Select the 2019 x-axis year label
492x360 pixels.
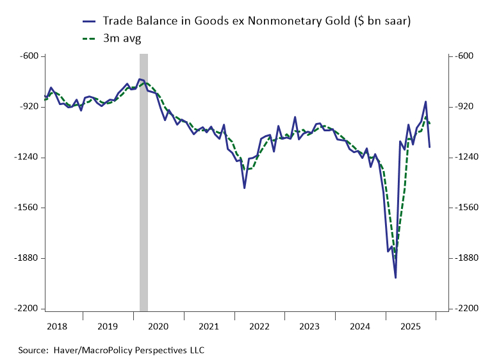pos(107,326)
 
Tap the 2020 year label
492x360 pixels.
pos(158,326)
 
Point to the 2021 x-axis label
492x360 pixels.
pos(208,326)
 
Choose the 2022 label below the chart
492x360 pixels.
pos(259,326)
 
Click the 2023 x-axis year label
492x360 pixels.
pos(309,326)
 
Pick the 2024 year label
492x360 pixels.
pos(360,326)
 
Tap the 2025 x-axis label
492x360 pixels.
pos(411,326)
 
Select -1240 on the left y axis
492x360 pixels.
pos(28,158)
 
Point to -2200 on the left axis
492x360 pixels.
pos(28,309)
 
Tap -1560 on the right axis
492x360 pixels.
pos(463,208)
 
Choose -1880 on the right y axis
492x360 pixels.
pos(463,258)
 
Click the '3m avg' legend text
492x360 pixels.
pos(122,38)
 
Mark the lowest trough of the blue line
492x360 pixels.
pos(395,277)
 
